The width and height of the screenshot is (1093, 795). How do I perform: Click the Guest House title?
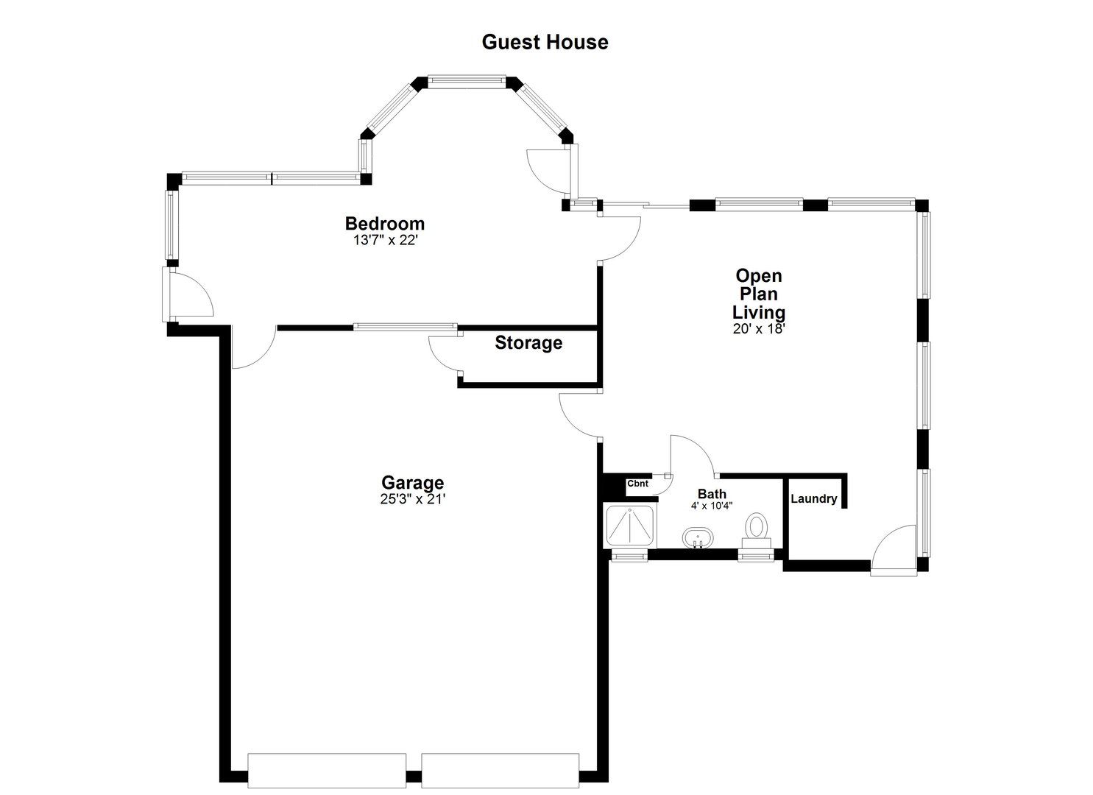point(545,42)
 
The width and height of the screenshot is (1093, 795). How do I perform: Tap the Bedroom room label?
point(385,223)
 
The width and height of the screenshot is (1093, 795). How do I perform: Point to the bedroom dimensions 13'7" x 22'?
point(385,240)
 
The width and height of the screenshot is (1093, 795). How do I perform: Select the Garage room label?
point(412,483)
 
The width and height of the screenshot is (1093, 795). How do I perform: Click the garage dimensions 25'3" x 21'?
point(412,499)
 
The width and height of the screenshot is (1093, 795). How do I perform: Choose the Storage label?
point(528,343)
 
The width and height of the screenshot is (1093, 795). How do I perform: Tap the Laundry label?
point(813,499)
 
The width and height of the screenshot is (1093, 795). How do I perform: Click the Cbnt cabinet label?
point(637,484)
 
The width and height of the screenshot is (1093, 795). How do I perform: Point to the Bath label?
point(712,494)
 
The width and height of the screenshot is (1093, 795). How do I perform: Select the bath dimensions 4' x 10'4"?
point(712,506)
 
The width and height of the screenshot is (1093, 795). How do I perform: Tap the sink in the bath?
point(696,537)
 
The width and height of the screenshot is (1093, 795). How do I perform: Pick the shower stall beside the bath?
point(629,526)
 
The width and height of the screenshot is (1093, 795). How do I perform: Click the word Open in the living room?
point(759,276)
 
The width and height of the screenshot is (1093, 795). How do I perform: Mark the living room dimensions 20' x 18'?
point(759,329)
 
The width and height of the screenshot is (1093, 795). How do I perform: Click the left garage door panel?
point(327,770)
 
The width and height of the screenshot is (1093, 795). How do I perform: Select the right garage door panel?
point(500,770)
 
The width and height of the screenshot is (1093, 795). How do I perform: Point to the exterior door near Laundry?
point(892,551)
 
